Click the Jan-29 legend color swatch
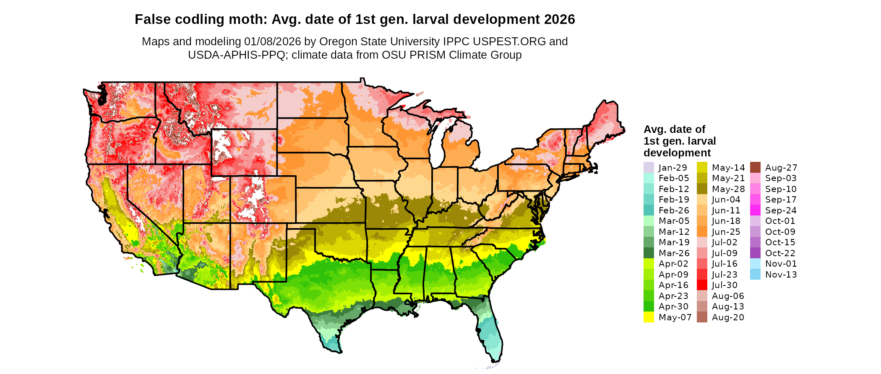[x=649, y=167]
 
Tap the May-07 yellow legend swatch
[x=649, y=317]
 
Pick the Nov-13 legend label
[x=781, y=275]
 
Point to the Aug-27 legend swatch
[x=755, y=167]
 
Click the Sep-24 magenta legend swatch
[x=755, y=210]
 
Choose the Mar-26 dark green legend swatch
[x=649, y=253]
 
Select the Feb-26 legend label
[x=674, y=210]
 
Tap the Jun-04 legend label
[x=726, y=200]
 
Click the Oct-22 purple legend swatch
[x=755, y=253]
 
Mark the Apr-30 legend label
[x=673, y=306]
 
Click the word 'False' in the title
[x=151, y=19]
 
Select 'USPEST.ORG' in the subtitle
[x=509, y=42]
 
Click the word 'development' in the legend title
[x=677, y=153]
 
